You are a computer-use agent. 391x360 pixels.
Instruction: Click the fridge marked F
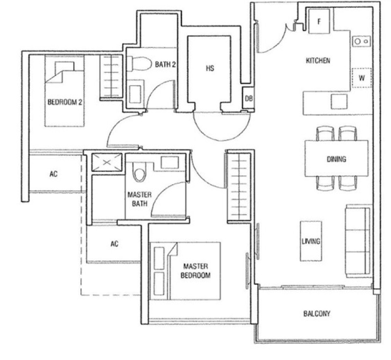click(319, 21)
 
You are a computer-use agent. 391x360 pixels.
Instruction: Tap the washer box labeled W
click(362, 78)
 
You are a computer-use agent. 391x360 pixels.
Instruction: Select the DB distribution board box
click(248, 98)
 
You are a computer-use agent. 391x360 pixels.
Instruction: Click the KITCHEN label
click(318, 61)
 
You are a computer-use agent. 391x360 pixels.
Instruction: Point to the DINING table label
click(336, 159)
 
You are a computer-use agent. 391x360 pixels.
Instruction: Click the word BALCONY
click(317, 314)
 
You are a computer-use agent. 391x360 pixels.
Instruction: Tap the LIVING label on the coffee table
click(311, 241)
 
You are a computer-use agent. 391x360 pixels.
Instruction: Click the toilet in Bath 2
click(139, 64)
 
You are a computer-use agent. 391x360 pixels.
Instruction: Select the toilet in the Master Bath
click(139, 172)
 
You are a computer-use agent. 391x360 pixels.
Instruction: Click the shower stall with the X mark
click(107, 163)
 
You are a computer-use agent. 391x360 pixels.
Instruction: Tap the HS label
click(210, 68)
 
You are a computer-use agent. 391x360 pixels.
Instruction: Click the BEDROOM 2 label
click(65, 102)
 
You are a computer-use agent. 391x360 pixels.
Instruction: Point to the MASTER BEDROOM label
click(195, 271)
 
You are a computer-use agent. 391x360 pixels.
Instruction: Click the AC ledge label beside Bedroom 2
click(54, 173)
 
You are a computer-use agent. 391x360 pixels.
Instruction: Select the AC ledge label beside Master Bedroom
click(114, 244)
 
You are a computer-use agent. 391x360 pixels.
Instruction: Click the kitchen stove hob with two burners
click(362, 41)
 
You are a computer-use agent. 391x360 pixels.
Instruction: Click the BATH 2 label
click(165, 64)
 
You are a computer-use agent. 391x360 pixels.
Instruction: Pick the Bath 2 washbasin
click(135, 94)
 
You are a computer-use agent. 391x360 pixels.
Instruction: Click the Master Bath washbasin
click(170, 163)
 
